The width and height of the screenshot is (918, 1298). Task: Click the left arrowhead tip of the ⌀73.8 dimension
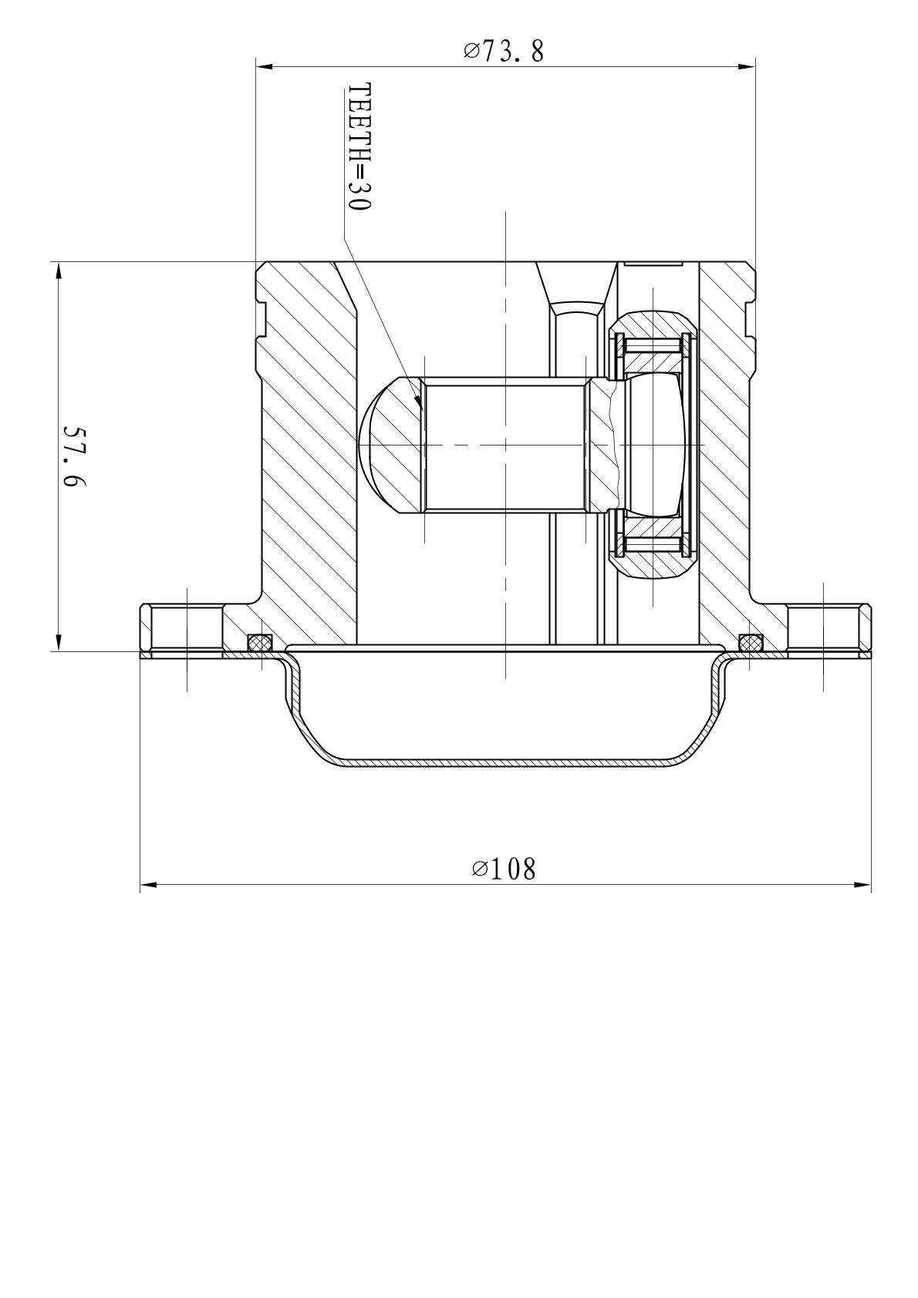pos(256,66)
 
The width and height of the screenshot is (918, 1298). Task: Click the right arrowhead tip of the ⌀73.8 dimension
pos(755,66)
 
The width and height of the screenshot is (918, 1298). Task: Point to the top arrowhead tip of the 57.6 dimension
pos(58,262)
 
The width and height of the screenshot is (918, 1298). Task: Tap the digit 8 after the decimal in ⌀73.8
pos(537,52)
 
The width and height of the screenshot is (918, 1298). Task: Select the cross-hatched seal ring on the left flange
pos(260,641)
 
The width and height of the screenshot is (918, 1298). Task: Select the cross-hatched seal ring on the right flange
pos(751,641)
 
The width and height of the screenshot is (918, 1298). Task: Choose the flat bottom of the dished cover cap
pos(505,763)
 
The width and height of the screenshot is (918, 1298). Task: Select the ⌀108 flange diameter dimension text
pos(504,869)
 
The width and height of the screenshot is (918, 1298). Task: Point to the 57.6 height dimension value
pos(73,457)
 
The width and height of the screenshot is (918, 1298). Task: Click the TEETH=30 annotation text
pos(359,147)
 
